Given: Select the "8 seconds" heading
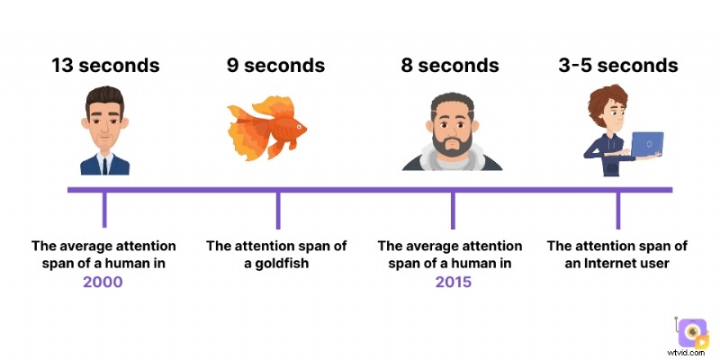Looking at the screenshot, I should click(449, 66).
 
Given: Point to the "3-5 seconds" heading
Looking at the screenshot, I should click(619, 66).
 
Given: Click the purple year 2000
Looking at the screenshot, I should click(103, 282).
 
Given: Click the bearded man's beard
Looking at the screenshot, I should click(450, 144).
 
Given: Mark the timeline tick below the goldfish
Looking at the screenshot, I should click(277, 209).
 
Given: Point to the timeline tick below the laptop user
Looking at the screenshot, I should click(618, 209).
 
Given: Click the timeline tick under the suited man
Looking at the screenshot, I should click(104, 209).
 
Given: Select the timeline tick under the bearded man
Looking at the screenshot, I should click(451, 209).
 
